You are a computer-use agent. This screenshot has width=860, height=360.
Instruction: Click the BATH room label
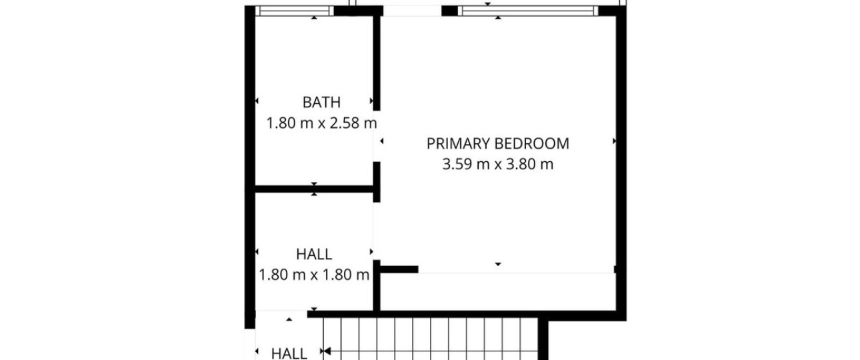(x=321, y=103)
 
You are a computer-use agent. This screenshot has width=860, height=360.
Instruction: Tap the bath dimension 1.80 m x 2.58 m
(x=321, y=123)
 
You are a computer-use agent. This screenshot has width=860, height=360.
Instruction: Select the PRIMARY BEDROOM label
(x=498, y=143)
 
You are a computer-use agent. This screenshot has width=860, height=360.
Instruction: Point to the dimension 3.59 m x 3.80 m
(x=498, y=164)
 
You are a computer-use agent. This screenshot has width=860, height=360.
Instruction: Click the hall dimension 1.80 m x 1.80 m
(x=314, y=275)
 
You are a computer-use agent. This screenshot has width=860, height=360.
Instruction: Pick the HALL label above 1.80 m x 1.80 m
(x=314, y=254)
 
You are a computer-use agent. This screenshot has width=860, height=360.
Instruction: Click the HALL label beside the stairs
(x=289, y=353)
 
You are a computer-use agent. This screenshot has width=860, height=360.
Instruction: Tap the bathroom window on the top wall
(x=295, y=11)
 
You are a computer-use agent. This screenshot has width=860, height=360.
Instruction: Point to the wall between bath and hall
(x=314, y=189)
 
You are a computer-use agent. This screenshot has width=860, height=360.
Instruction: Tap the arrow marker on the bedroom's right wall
(x=614, y=141)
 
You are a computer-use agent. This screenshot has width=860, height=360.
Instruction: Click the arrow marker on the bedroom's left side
(x=381, y=141)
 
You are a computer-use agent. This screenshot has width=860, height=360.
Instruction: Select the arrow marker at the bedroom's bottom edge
(x=498, y=264)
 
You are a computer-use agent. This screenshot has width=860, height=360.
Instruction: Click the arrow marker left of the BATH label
(x=257, y=101)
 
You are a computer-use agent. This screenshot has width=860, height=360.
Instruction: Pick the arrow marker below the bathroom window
(x=314, y=17)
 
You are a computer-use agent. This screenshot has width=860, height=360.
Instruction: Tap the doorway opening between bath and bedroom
(x=377, y=136)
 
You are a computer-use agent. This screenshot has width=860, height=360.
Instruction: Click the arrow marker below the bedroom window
(x=498, y=17)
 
